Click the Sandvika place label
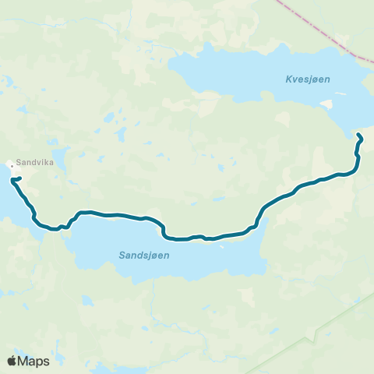pyautogui.click(x=34, y=153)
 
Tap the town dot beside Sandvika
pyautogui.click(x=11, y=164)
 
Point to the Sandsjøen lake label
pyautogui.click(x=145, y=255)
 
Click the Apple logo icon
pyautogui.click(x=12, y=361)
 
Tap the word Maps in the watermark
pyautogui.click(x=34, y=361)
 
